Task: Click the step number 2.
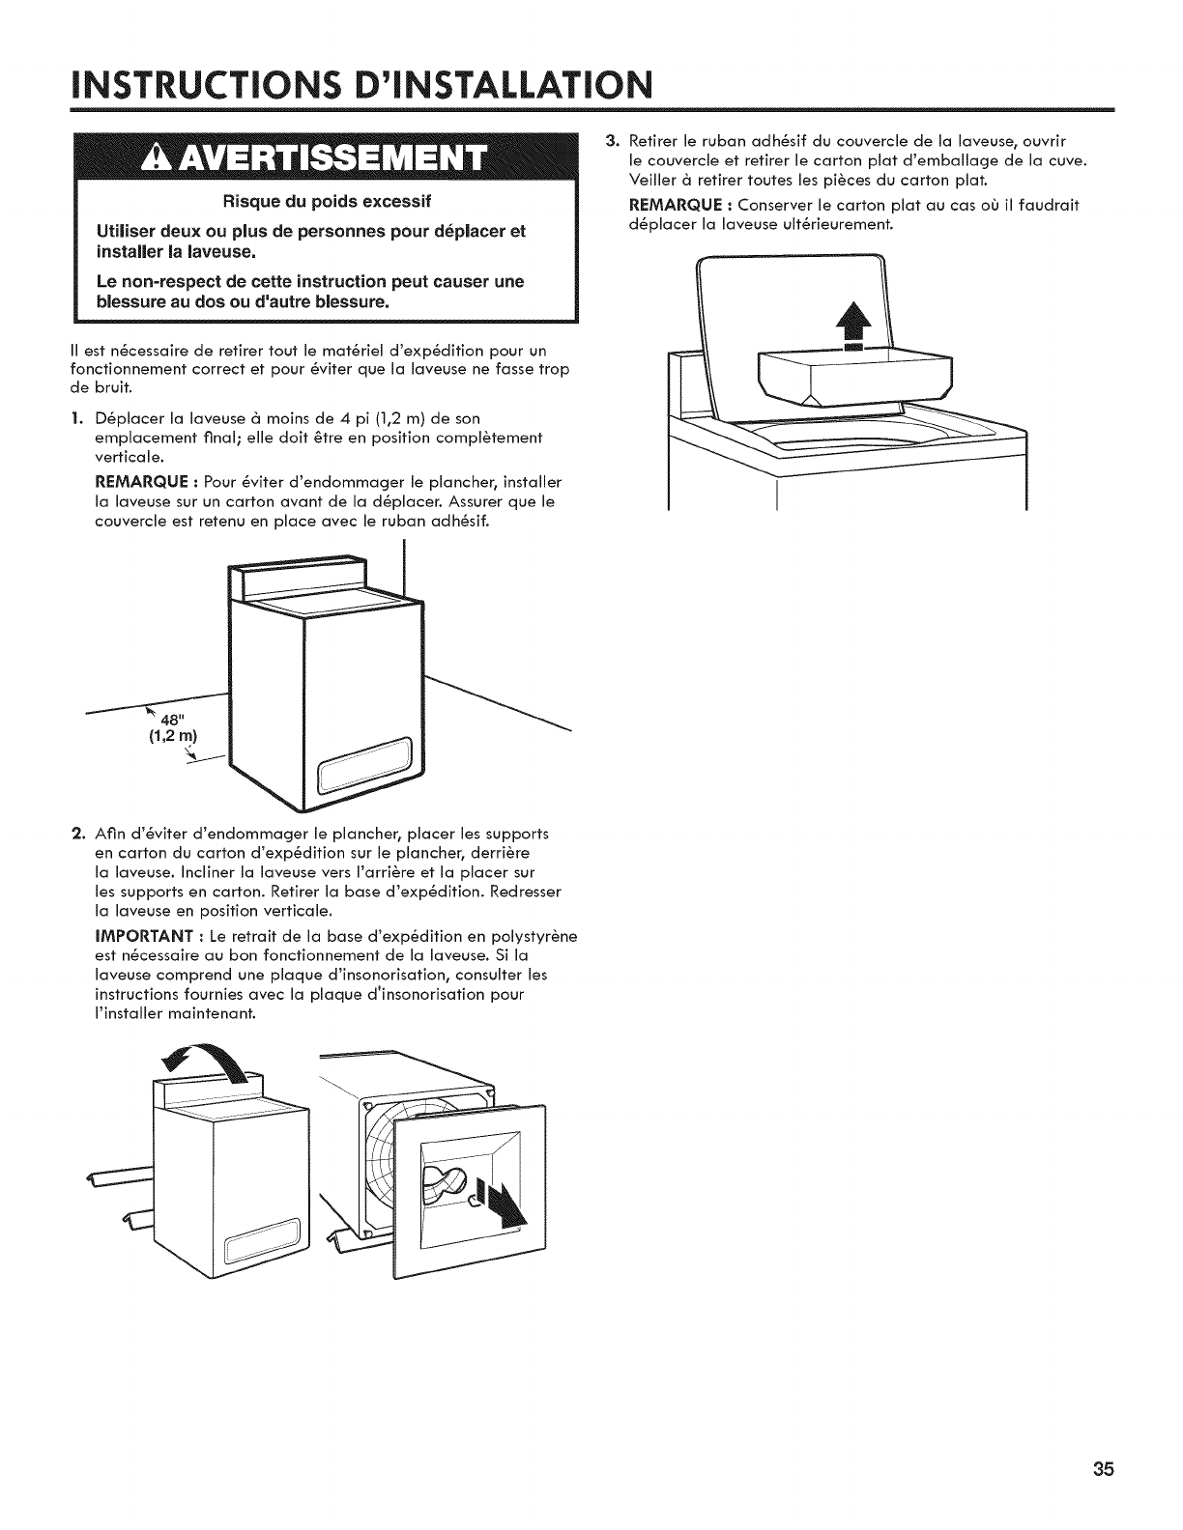coord(78,834)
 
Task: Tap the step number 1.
coord(78,418)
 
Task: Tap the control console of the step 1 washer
coord(295,579)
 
